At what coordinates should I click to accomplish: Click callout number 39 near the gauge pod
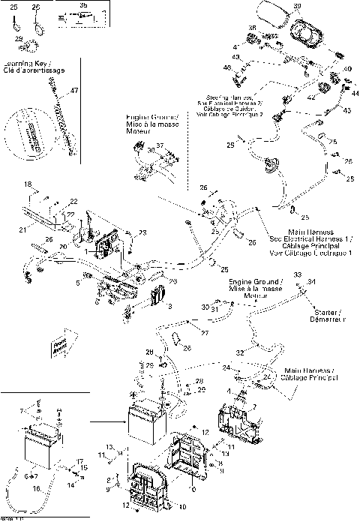(x=297, y=6)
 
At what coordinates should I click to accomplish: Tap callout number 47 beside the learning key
(x=73, y=90)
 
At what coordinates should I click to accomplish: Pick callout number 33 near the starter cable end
(x=297, y=276)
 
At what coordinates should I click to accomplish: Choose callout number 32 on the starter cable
(x=240, y=352)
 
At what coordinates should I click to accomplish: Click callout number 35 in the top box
(x=82, y=4)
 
